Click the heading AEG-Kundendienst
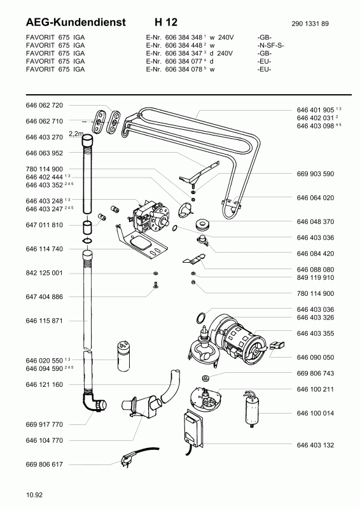tap(75, 22)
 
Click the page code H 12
tap(166, 22)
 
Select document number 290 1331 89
tap(310, 24)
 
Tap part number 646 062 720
tap(44, 105)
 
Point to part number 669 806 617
tap(44, 464)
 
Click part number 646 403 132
tap(315, 445)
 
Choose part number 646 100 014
tap(315, 413)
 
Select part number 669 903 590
tap(315, 174)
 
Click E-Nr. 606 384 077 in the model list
tap(174, 61)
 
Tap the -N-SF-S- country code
tap(271, 45)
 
